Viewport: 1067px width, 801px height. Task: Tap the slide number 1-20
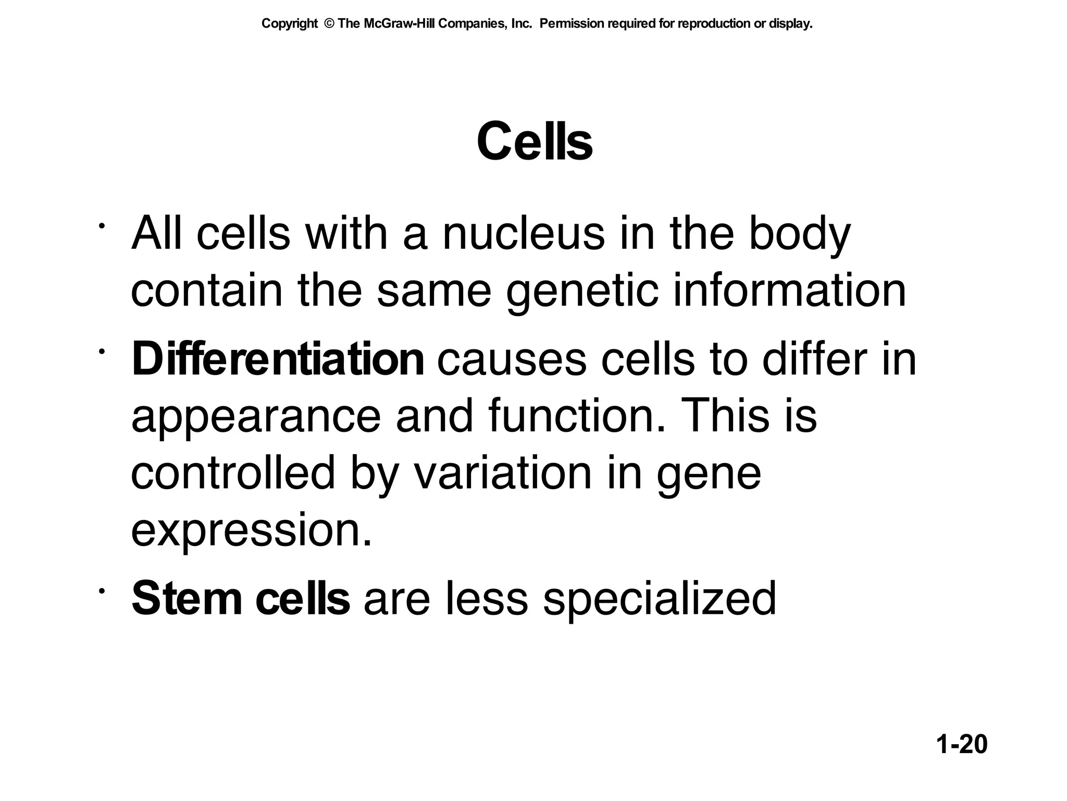coord(962,744)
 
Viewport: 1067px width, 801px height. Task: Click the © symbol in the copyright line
coord(328,24)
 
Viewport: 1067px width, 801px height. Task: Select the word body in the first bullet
coord(799,235)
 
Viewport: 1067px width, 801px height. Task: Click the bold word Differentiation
coord(278,359)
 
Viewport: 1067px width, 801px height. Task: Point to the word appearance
coord(256,418)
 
